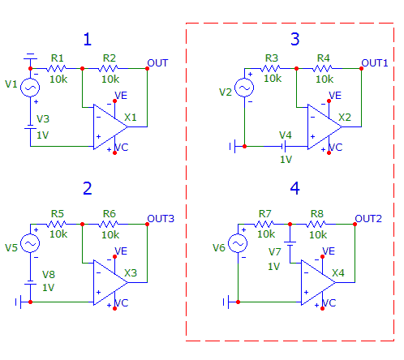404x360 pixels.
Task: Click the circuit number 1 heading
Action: [88, 40]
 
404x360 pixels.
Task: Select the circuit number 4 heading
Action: [294, 188]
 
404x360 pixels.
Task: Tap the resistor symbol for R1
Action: [56, 68]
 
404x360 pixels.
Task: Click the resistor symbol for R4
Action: [322, 68]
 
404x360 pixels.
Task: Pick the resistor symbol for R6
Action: [108, 224]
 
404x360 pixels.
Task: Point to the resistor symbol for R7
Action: [264, 224]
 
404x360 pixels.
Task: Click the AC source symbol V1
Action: [30, 88]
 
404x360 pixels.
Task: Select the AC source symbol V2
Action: [244, 88]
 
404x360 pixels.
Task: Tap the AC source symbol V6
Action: [238, 243]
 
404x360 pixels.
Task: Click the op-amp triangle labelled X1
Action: [110, 126]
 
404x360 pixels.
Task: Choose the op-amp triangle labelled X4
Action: [318, 282]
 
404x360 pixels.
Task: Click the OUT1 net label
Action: [375, 63]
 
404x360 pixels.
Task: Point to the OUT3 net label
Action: [161, 219]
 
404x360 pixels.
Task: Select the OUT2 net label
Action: [368, 219]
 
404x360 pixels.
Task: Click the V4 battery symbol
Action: [284, 146]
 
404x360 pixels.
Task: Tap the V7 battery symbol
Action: [290, 244]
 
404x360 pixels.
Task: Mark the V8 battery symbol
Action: [30, 283]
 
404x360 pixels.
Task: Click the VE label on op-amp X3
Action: [121, 251]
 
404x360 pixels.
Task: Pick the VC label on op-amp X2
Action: [336, 148]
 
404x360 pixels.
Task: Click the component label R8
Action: [317, 214]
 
